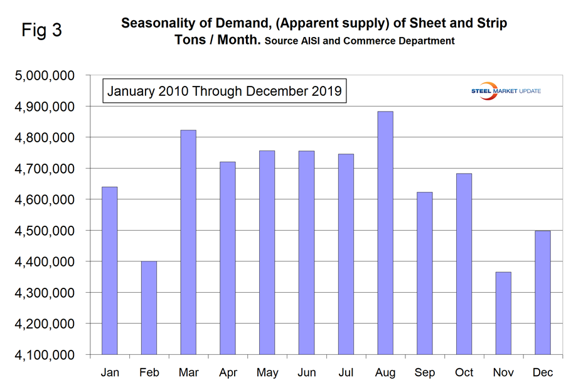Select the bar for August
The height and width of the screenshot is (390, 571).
pyautogui.click(x=385, y=233)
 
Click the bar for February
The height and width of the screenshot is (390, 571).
pyautogui.click(x=149, y=308)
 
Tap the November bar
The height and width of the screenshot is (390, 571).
pyautogui.click(x=503, y=313)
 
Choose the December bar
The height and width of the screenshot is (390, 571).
pyautogui.click(x=543, y=292)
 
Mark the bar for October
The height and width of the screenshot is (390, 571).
pyautogui.click(x=464, y=264)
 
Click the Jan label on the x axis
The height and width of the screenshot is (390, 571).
pyautogui.click(x=109, y=372)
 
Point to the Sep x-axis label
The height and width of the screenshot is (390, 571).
pyautogui.click(x=424, y=372)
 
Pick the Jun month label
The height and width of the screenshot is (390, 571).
pyautogui.click(x=306, y=372)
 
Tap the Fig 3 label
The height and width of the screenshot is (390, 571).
pyautogui.click(x=42, y=30)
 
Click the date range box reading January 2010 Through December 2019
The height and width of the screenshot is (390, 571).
pyautogui.click(x=225, y=90)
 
